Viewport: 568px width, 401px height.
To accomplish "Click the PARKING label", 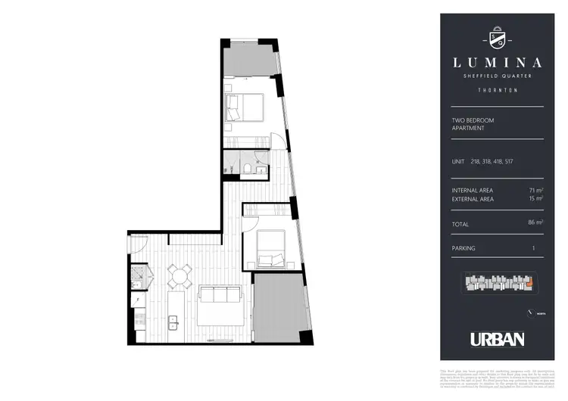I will click(x=463, y=248).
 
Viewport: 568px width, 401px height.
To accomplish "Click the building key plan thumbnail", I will click(x=498, y=284).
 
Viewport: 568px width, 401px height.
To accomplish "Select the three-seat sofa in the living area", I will click(x=220, y=294).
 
